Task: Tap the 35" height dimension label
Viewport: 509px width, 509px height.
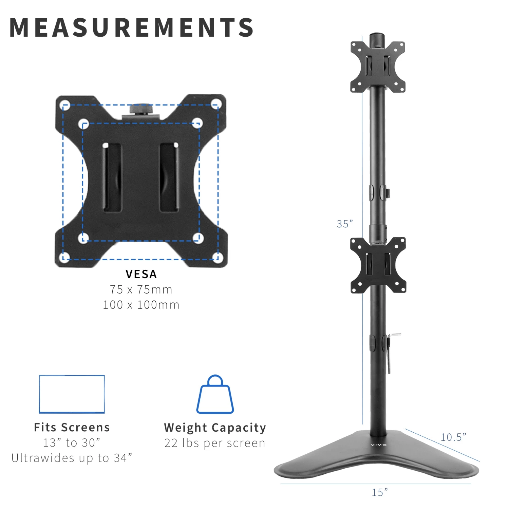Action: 344,224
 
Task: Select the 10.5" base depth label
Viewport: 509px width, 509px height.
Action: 453,437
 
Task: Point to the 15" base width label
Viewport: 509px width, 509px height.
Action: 379,492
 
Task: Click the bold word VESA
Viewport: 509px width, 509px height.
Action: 141,274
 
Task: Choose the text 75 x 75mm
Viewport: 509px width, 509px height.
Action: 141,289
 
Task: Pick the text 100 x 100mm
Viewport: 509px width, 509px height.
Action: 141,305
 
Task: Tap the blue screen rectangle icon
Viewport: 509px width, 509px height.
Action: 72,394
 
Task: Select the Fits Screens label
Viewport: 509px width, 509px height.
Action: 72,427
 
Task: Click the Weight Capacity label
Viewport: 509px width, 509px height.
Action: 215,428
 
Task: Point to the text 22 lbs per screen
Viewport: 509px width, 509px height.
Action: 215,443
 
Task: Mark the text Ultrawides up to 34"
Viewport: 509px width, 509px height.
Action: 72,458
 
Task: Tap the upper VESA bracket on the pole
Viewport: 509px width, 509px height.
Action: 378,67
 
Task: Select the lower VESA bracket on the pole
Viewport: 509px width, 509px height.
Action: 378,265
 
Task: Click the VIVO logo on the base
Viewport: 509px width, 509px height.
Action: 379,445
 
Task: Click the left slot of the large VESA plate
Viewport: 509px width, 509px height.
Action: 112,177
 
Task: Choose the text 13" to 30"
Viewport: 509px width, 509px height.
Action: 72,442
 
